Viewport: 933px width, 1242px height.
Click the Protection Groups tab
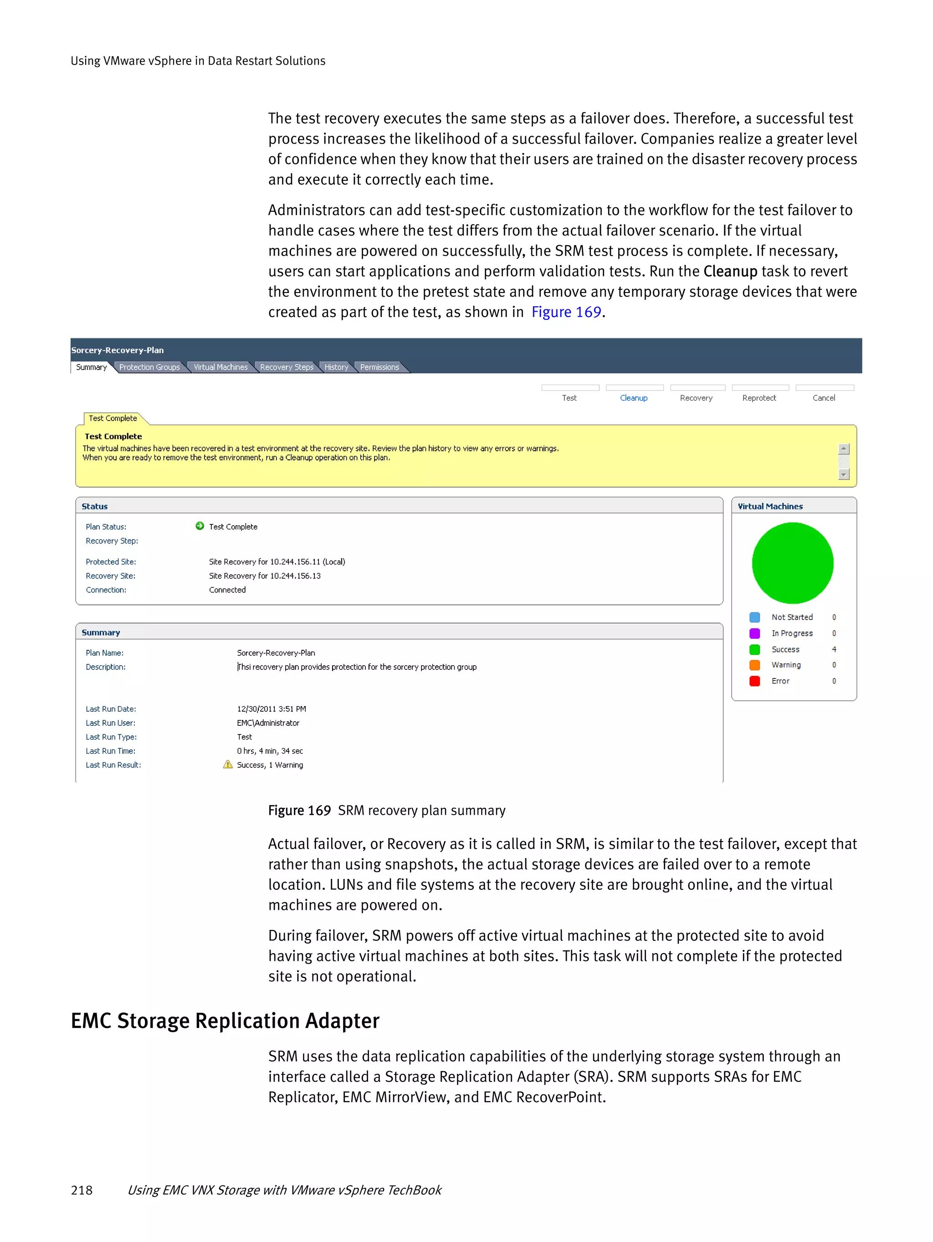149,367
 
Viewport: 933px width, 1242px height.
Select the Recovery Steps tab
286,367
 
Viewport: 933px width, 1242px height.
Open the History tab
336,367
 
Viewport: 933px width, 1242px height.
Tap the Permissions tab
379,367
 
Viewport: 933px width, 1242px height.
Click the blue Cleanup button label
634,398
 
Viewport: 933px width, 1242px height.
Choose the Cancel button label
824,398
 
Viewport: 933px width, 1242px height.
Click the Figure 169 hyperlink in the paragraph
566,312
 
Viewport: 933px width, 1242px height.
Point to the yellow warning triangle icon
228,764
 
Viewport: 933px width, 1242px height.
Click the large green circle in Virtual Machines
793,563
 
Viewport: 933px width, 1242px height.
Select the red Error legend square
754,681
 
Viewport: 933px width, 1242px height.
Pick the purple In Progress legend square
754,633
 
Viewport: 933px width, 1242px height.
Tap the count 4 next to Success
834,650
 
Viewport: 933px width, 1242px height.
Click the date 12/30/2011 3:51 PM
271,709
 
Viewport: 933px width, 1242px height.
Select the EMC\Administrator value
268,723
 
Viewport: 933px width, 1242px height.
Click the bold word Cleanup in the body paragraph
730,272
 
